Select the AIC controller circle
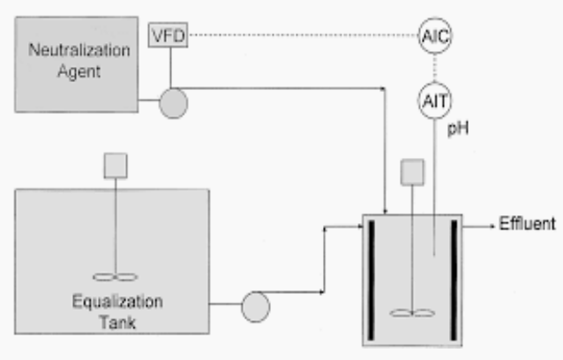tap(432, 36)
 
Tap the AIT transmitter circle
tap(432, 102)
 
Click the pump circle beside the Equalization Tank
tap(257, 307)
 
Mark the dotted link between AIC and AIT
tap(432, 69)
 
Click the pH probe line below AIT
tap(432, 194)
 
